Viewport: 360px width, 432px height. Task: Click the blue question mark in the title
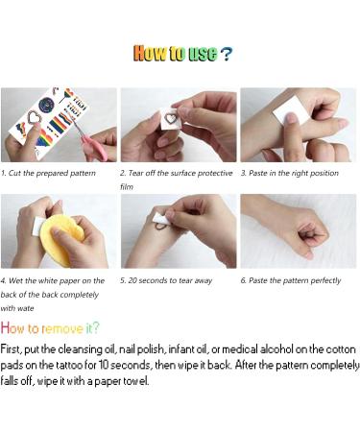[226, 54]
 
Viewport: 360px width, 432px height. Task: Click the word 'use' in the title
[203, 54]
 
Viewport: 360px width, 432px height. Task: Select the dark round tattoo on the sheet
[46, 105]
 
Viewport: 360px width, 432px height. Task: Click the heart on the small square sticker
[171, 118]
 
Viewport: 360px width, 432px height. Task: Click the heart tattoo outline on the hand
[161, 227]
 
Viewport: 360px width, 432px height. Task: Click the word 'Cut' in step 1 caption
[14, 173]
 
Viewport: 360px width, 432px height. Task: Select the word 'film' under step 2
[127, 187]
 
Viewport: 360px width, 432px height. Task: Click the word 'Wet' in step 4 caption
[15, 281]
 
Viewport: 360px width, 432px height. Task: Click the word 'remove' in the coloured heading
[62, 328]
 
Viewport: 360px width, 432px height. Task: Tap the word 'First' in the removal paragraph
[11, 349]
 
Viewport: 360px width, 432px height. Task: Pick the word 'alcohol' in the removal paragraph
[276, 348]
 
